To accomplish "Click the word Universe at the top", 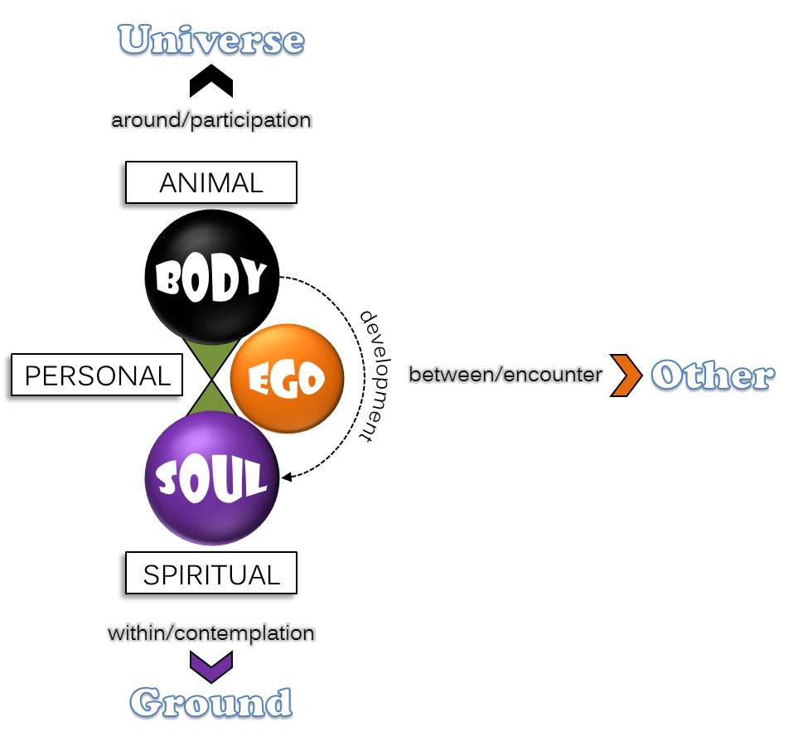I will click(x=211, y=39).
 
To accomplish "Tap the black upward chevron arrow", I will click(x=211, y=83).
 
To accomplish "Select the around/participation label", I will click(x=211, y=120).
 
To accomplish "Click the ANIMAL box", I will click(x=210, y=182).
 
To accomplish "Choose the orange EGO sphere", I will click(x=286, y=378).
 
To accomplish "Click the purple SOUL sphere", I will click(x=211, y=478).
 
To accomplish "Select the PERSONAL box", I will click(x=97, y=376).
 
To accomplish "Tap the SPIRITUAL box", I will click(x=210, y=574).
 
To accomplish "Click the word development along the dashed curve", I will click(x=377, y=376).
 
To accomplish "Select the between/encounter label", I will click(x=506, y=375).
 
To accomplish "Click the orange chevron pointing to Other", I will click(x=627, y=376).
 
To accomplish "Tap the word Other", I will click(x=713, y=376).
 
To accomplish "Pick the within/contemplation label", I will click(x=211, y=633).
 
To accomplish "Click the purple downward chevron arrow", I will click(x=211, y=664).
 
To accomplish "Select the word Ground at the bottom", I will click(x=211, y=702).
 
